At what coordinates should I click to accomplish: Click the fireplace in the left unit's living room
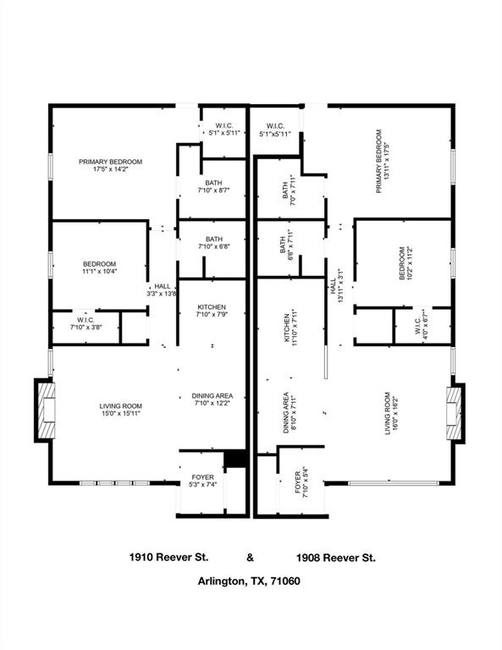(46, 411)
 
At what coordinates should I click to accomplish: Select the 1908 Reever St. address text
(336, 558)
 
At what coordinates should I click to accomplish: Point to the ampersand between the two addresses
(250, 558)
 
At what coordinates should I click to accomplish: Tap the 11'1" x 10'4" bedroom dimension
(99, 272)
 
